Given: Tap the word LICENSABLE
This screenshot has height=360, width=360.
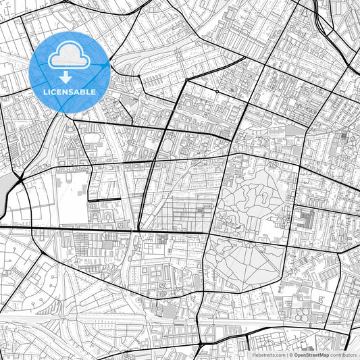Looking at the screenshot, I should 70,91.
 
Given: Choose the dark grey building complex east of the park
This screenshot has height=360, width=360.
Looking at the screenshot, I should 305,220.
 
